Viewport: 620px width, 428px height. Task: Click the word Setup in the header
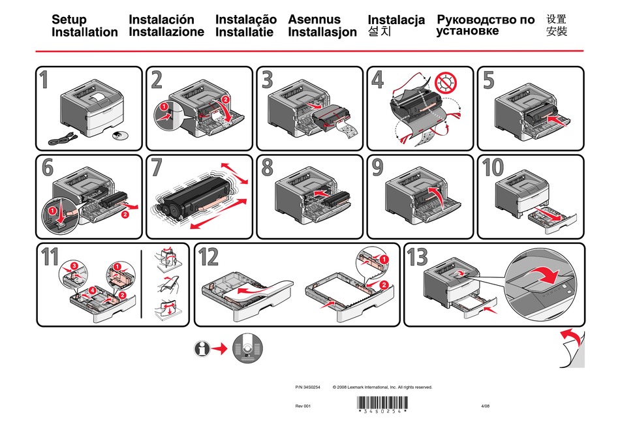[69, 20]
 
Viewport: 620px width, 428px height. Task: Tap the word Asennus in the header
[314, 20]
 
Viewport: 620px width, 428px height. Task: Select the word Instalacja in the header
[396, 20]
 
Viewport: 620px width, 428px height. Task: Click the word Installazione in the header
[166, 32]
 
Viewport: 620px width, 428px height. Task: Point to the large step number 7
[156, 168]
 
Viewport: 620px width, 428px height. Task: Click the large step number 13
[418, 258]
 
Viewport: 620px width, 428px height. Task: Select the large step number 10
[493, 168]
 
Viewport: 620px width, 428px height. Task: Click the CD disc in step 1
[118, 136]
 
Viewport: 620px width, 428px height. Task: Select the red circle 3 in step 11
[74, 266]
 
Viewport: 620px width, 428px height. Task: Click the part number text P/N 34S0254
[308, 388]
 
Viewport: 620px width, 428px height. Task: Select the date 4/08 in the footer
[484, 406]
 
